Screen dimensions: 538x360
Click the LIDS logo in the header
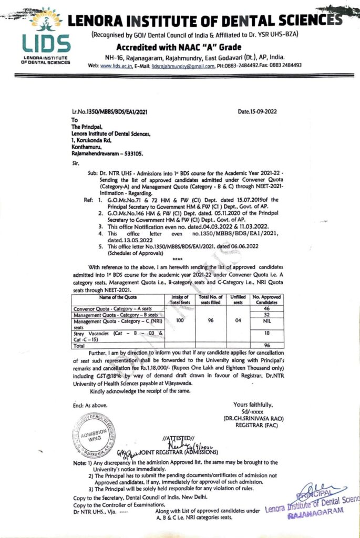pyautogui.click(x=45, y=36)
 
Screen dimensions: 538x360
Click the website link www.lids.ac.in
pyautogui.click(x=115, y=66)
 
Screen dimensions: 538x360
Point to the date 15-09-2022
pyautogui.click(x=258, y=111)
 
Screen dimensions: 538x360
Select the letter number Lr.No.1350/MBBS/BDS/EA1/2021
pyautogui.click(x=110, y=112)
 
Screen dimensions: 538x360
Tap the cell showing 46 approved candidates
pyautogui.click(x=266, y=308)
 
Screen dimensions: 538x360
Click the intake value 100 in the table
pyautogui.click(x=180, y=318)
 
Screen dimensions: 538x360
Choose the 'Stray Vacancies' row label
pyautogui.click(x=91, y=333)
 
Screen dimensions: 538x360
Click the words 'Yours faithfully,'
pyautogui.click(x=253, y=405)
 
